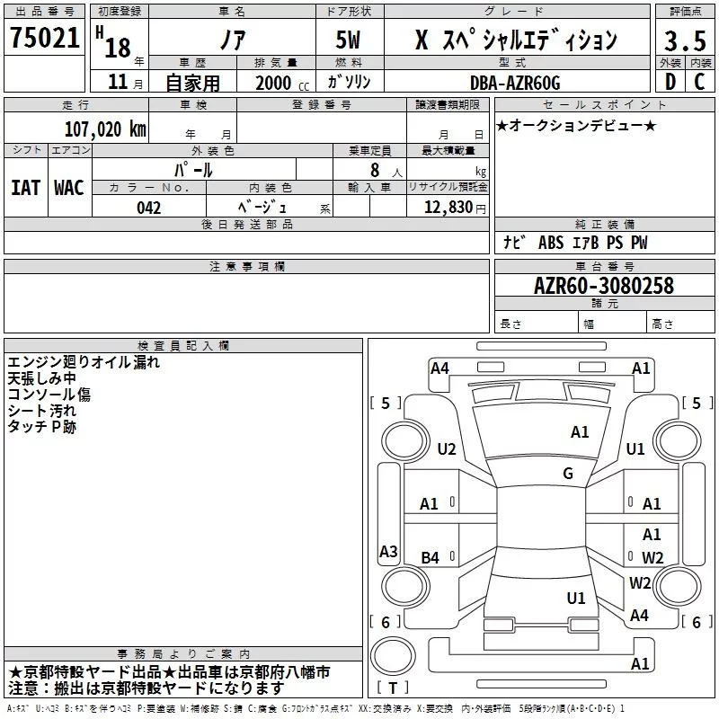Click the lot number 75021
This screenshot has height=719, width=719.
tap(45, 38)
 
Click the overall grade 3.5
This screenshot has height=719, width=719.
tap(685, 41)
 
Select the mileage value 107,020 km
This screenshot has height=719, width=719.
tap(105, 129)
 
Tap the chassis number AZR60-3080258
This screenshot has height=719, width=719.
tap(604, 286)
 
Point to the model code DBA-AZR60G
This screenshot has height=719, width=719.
tap(515, 83)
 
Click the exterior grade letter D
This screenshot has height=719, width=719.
tap(670, 82)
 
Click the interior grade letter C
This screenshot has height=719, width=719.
tap(699, 82)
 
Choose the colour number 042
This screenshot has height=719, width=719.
tap(149, 208)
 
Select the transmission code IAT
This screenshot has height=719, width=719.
tap(26, 188)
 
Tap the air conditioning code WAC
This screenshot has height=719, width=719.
tap(69, 188)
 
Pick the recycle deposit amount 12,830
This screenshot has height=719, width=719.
tap(448, 208)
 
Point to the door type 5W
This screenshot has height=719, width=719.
tap(348, 40)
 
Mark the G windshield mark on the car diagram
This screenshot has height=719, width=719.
tap(568, 474)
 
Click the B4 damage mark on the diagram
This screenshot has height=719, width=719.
tap(431, 557)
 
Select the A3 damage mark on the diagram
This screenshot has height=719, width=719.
tap(388, 551)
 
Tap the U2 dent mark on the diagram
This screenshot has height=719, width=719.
tap(447, 448)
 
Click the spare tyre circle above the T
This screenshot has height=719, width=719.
tap(393, 657)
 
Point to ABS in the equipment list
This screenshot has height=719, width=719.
tap(551, 242)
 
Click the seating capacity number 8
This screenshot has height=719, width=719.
tap(375, 170)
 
